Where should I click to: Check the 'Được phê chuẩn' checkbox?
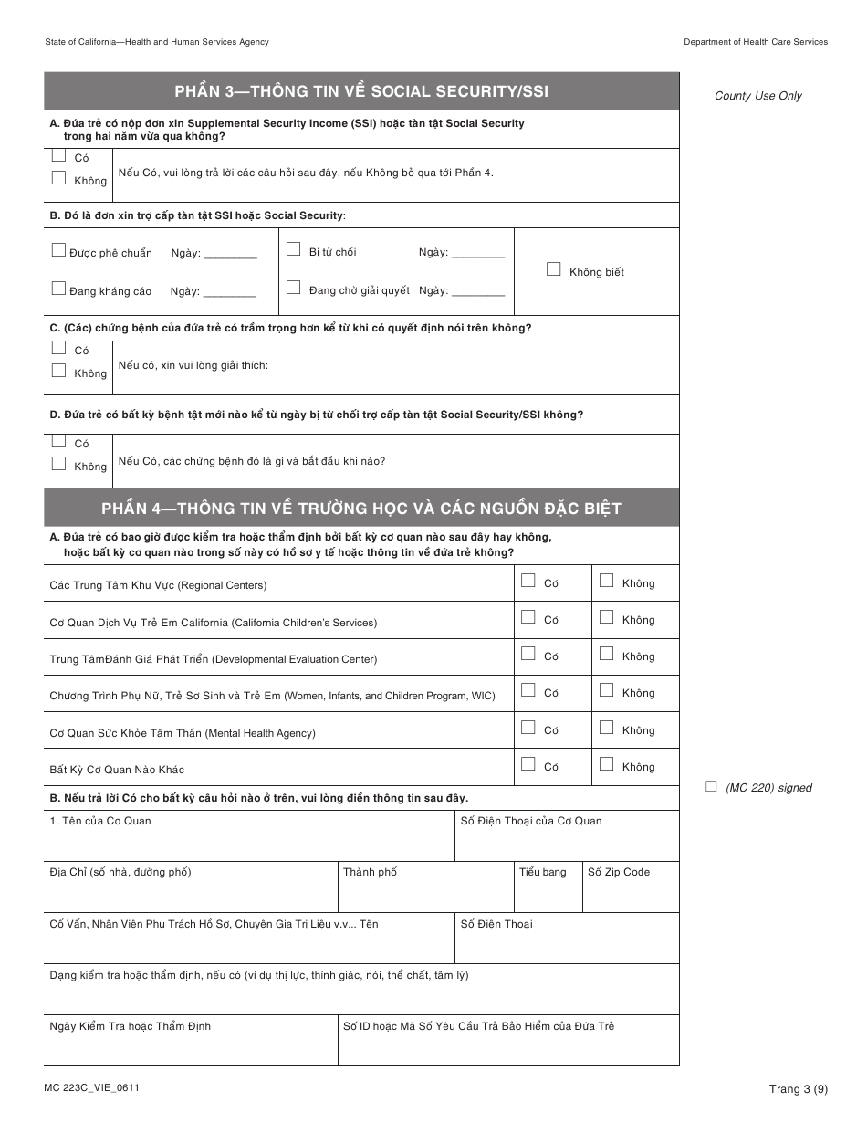tap(59, 250)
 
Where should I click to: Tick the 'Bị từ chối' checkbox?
tap(293, 249)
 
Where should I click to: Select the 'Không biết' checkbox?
tap(553, 269)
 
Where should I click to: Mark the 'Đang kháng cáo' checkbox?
tap(59, 289)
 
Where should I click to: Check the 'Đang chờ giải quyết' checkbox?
tap(293, 288)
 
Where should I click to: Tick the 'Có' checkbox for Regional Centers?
tap(528, 581)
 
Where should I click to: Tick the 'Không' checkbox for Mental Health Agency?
tap(606, 728)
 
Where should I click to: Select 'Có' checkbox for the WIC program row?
tap(528, 691)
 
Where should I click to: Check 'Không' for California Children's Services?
tap(606, 617)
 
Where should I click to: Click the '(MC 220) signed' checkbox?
tap(712, 786)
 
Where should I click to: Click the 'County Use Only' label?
tap(757, 96)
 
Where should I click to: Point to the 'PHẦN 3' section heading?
tap(361, 91)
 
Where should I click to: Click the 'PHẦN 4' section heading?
tap(361, 508)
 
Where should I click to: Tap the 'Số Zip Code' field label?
tap(619, 873)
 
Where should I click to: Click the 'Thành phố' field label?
tap(370, 873)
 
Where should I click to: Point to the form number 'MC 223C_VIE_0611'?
tap(91, 1087)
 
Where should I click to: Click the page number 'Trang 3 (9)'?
tap(798, 1088)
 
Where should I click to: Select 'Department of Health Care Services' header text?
tap(756, 42)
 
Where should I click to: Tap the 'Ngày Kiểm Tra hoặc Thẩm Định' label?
tap(130, 1027)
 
